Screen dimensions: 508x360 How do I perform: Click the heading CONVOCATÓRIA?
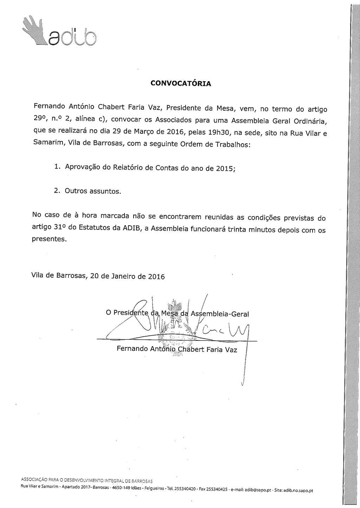pos(181,84)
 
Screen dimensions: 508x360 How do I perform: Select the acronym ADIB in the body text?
pos(131,228)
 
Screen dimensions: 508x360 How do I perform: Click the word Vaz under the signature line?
pos(231,350)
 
